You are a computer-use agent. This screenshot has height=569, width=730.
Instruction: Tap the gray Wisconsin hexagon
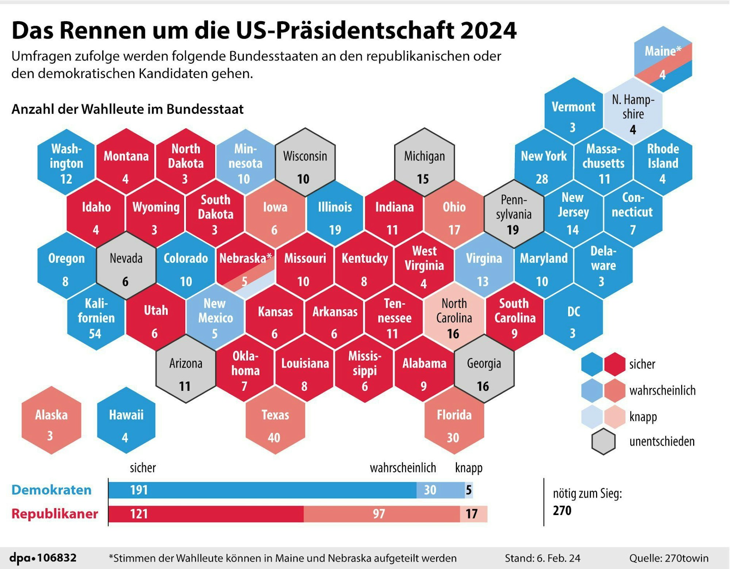point(305,162)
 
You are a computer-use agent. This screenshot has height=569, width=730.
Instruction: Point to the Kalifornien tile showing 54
point(96,318)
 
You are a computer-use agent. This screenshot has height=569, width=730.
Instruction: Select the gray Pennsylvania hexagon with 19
point(514,214)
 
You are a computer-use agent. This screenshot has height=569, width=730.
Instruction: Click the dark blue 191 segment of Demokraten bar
point(262,490)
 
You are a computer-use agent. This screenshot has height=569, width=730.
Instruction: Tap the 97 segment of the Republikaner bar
point(381,514)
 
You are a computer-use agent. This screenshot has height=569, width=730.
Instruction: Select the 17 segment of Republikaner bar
point(473,514)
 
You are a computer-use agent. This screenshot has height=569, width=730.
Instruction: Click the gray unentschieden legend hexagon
point(603,441)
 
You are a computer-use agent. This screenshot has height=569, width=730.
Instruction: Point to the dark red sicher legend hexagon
point(615,364)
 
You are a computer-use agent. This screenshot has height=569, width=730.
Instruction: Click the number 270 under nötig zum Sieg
point(562,510)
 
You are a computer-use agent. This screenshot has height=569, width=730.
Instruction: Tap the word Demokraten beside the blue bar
point(51,490)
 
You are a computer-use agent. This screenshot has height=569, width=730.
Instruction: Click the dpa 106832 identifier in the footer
point(43,558)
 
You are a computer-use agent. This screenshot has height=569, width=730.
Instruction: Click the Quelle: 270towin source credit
point(668,558)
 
